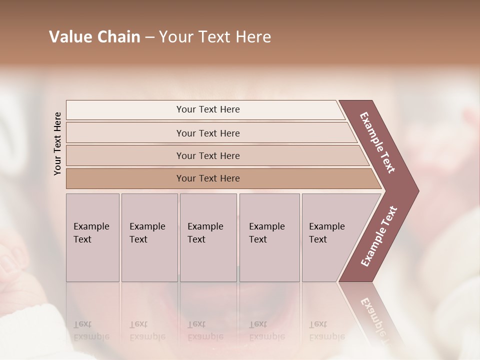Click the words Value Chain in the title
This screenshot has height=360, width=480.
94,37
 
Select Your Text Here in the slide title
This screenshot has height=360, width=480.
215,37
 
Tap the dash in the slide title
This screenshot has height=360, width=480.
149,37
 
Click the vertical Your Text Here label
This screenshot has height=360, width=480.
58,144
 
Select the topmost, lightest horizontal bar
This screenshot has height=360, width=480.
207,109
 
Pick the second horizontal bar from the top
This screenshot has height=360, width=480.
207,133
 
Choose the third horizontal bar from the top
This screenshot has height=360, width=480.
207,155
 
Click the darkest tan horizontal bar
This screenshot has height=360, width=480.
207,178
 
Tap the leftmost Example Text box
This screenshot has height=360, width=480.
92,237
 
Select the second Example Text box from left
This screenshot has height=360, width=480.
149,237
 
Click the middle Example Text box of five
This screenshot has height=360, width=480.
207,237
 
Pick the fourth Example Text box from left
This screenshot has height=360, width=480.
269,237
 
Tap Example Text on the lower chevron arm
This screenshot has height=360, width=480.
378,236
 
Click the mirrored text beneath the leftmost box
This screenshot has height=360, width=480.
91,330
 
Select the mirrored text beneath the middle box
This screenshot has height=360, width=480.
205,330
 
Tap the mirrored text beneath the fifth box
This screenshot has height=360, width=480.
326,330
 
